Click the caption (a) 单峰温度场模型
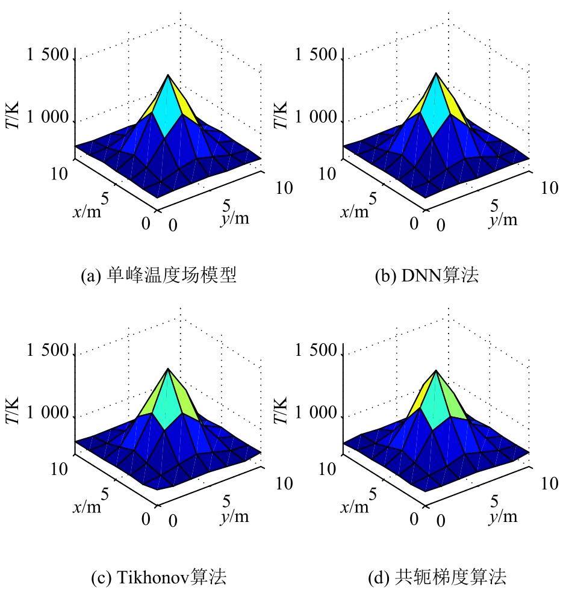pyautogui.click(x=159, y=276)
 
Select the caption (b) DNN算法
pyautogui.click(x=427, y=276)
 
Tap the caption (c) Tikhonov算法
pyautogui.click(x=158, y=578)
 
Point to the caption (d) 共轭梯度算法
pyautogui.click(x=437, y=578)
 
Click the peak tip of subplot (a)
pyautogui.click(x=168, y=75)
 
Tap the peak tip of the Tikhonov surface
pyautogui.click(x=168, y=368)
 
